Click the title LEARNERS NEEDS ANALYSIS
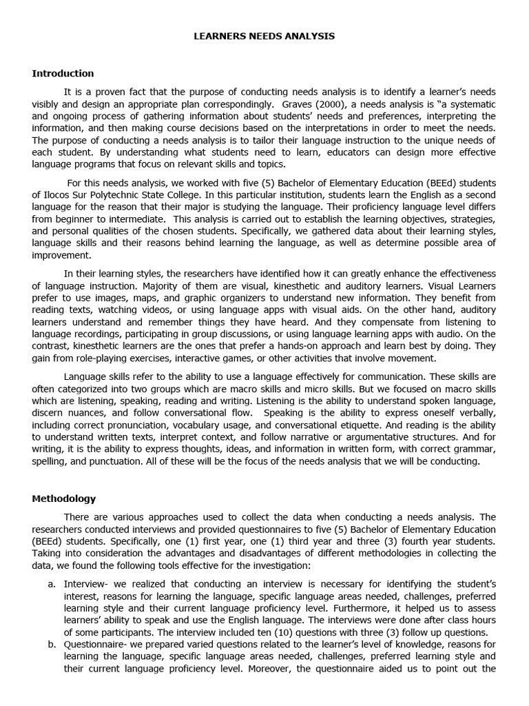(x=264, y=36)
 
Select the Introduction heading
(x=63, y=73)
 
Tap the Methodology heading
(x=64, y=498)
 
